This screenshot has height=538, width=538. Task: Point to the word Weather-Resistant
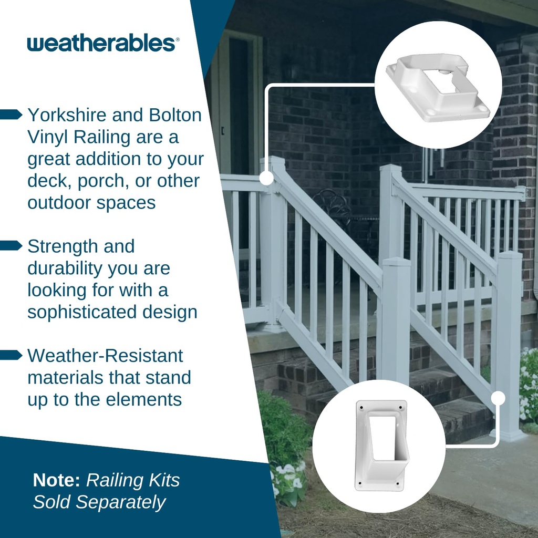point(105,355)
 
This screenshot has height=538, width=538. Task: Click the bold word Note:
point(57,480)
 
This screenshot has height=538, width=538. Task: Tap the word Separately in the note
point(120,502)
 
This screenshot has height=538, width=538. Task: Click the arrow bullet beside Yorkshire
point(12,115)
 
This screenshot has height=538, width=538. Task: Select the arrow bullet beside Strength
point(12,246)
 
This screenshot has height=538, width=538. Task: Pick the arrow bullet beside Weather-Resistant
point(12,355)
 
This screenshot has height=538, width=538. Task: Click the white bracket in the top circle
point(437,87)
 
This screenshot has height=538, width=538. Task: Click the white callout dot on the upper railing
point(266,178)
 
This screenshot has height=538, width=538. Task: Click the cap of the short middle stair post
point(396,262)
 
